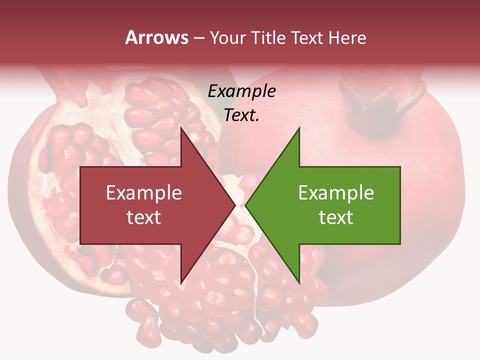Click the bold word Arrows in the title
(x=156, y=37)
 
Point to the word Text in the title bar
(x=308, y=37)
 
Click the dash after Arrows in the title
(x=198, y=38)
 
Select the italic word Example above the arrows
(x=241, y=91)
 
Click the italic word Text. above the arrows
(x=241, y=115)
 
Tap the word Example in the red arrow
(x=144, y=192)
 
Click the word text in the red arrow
(x=144, y=217)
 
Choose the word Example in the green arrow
(x=336, y=192)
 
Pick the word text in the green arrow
(x=336, y=217)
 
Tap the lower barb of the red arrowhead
(x=182, y=280)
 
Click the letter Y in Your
(x=214, y=37)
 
